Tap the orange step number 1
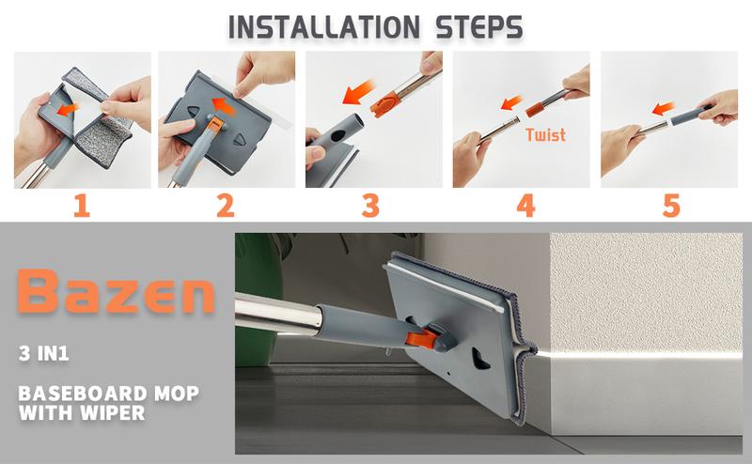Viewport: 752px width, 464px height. pyautogui.click(x=82, y=206)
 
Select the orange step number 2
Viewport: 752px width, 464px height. pyautogui.click(x=226, y=206)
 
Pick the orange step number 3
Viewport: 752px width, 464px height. pyautogui.click(x=371, y=206)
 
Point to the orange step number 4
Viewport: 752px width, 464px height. pyautogui.click(x=526, y=206)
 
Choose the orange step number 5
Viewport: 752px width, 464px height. pyautogui.click(x=671, y=206)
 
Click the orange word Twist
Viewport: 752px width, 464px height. pyautogui.click(x=545, y=134)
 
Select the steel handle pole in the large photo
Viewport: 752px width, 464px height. pyautogui.click(x=277, y=313)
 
